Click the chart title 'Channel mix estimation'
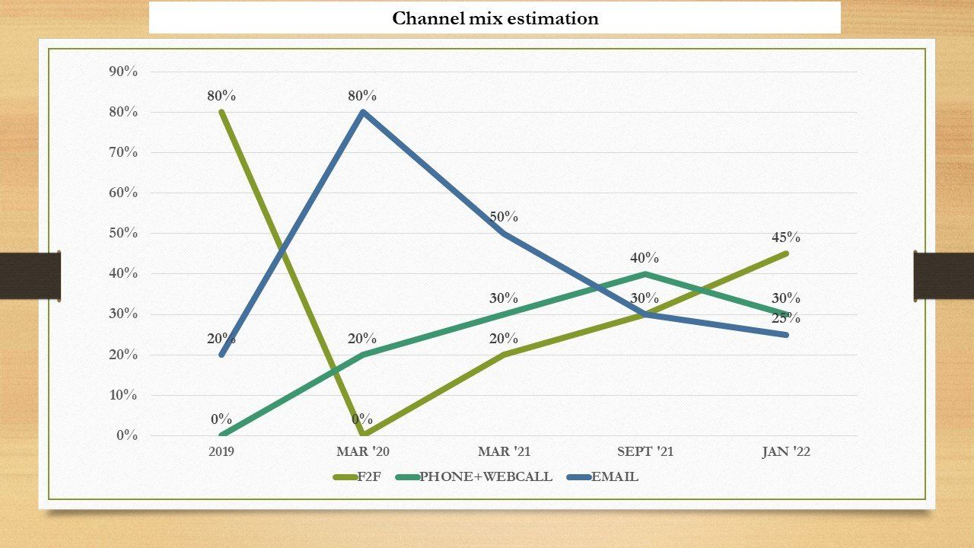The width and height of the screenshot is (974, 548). (495, 18)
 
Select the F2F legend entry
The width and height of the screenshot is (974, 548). (357, 476)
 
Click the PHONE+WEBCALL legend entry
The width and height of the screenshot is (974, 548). (474, 476)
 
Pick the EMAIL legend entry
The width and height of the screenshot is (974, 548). (603, 476)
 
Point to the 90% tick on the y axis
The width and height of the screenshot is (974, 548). (123, 72)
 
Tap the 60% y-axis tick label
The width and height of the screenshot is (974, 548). (123, 193)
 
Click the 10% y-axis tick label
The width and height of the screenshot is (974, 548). (123, 395)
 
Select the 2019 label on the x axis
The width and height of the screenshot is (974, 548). (221, 451)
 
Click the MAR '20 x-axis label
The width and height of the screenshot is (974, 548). (363, 451)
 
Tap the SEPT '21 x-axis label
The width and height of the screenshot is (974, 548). (645, 451)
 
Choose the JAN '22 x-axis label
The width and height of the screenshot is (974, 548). (786, 451)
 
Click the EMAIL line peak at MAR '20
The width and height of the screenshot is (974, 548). (363, 112)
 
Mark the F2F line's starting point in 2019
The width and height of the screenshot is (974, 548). (221, 112)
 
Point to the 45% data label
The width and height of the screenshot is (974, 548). (786, 237)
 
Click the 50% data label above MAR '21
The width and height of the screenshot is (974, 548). (504, 217)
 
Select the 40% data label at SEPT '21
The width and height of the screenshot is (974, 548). (645, 258)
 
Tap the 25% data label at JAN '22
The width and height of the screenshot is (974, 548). (786, 318)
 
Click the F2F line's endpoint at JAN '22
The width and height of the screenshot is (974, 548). (786, 253)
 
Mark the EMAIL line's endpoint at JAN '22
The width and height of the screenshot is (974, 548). (786, 335)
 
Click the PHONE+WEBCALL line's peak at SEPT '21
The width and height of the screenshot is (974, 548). (645, 274)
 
